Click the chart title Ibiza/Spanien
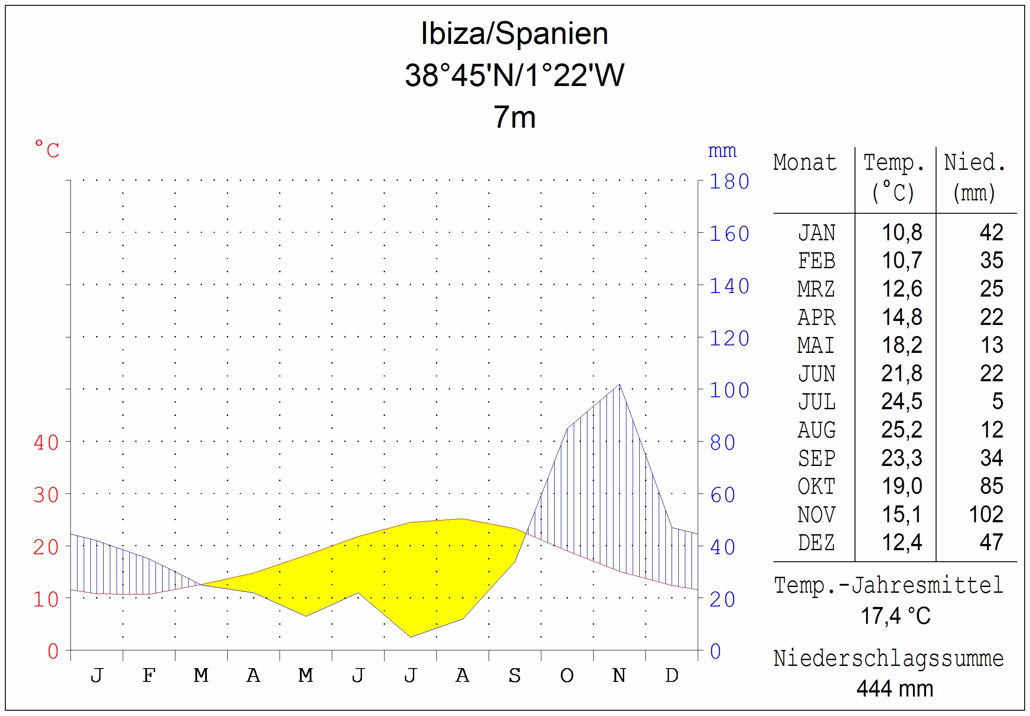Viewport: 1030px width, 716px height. coord(514,34)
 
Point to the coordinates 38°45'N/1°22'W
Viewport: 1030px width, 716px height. coord(514,75)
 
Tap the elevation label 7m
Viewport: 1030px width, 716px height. coord(514,117)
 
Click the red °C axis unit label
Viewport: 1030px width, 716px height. coord(47,149)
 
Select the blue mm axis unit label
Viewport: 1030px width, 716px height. coord(722,151)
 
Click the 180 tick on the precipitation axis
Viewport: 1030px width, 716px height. coord(729,182)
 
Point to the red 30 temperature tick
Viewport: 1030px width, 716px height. coord(46,495)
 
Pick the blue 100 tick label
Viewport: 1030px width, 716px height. coord(729,390)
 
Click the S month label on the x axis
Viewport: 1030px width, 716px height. coord(514,675)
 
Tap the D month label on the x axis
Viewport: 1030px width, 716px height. coord(672,675)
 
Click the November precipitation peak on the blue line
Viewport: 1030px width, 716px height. coord(619,384)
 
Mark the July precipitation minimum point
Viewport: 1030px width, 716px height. coord(410,637)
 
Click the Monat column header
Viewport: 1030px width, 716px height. coord(805,162)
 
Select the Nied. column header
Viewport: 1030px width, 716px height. coord(975,162)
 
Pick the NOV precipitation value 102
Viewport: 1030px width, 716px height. coord(986,514)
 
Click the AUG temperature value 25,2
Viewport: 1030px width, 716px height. coord(902,430)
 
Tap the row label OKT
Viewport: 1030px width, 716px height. coord(816,486)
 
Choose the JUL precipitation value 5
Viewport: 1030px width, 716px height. coord(997,401)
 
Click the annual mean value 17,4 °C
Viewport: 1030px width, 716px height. coord(895,615)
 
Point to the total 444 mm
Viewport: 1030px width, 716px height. coord(894,688)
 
